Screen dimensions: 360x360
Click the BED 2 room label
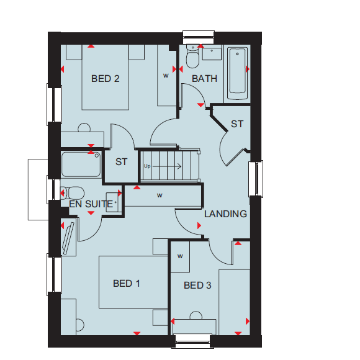(106, 79)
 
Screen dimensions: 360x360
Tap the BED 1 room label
(127, 284)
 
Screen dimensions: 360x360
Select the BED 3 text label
(197, 286)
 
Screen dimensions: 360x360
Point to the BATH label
(204, 79)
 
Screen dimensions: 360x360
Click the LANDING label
(226, 214)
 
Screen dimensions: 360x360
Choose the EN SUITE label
(91, 204)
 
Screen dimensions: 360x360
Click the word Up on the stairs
(147, 166)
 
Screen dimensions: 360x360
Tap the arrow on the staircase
(167, 166)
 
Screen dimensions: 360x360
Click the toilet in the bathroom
(192, 56)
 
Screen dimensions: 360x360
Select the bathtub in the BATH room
(237, 73)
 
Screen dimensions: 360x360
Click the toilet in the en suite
(73, 193)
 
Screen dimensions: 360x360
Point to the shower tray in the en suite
(81, 164)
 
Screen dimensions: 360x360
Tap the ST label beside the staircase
(121, 162)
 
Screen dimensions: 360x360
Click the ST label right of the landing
(237, 124)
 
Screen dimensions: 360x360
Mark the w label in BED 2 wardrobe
(166, 75)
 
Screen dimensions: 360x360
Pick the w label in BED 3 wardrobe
(180, 256)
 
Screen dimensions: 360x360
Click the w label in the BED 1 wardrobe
(160, 196)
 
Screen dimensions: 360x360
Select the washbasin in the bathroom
(212, 52)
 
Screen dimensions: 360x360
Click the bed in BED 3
(235, 302)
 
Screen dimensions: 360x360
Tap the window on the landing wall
(256, 179)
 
